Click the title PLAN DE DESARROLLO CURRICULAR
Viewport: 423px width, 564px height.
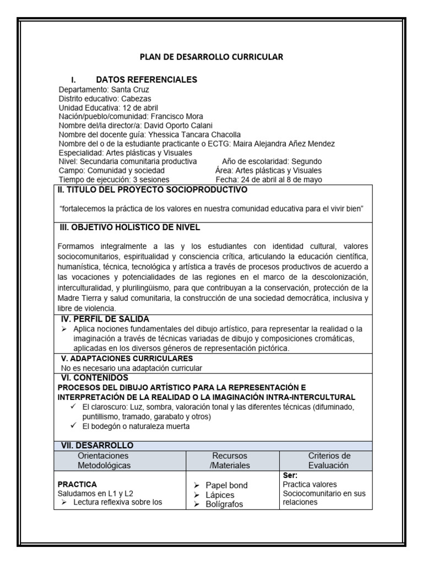point(211,57)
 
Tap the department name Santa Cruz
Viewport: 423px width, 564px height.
point(130,90)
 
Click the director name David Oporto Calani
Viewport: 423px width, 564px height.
point(166,126)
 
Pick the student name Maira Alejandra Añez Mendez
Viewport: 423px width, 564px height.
point(279,144)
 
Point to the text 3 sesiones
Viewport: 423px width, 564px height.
point(151,180)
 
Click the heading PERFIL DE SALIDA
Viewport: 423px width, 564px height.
point(110,319)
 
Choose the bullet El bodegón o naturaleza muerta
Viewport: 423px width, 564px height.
point(135,426)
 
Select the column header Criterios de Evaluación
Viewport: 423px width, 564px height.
point(328,460)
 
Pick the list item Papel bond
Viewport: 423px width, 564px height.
point(226,485)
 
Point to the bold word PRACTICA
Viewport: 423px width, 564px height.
point(78,484)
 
